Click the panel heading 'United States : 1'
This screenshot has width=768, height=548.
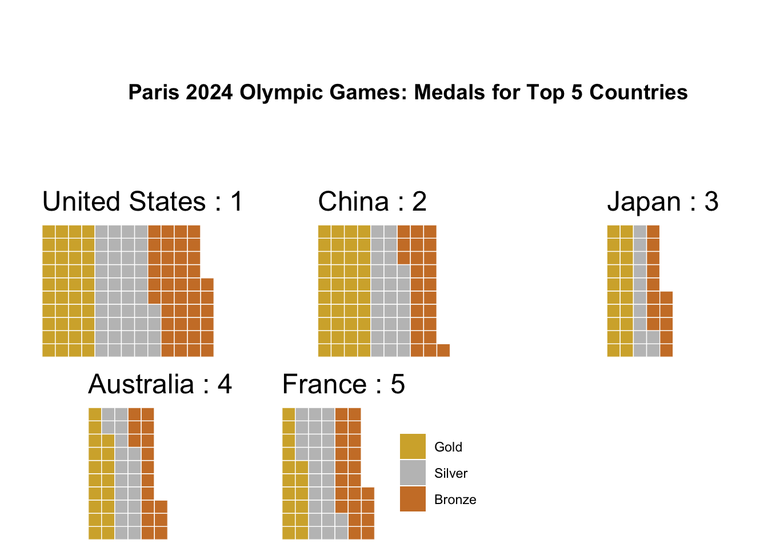click(143, 202)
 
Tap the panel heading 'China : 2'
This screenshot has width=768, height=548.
click(372, 202)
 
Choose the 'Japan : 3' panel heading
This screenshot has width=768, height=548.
click(662, 202)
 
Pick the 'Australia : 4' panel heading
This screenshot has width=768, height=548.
click(160, 385)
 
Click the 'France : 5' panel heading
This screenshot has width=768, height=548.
click(343, 385)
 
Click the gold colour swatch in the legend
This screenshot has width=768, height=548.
click(413, 446)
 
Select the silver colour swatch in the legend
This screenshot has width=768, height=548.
click(413, 473)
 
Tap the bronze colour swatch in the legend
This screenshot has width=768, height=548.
click(413, 499)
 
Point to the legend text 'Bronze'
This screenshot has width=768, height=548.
click(455, 500)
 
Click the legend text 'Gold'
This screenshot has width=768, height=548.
click(448, 448)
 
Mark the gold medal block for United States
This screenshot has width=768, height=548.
click(69, 291)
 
